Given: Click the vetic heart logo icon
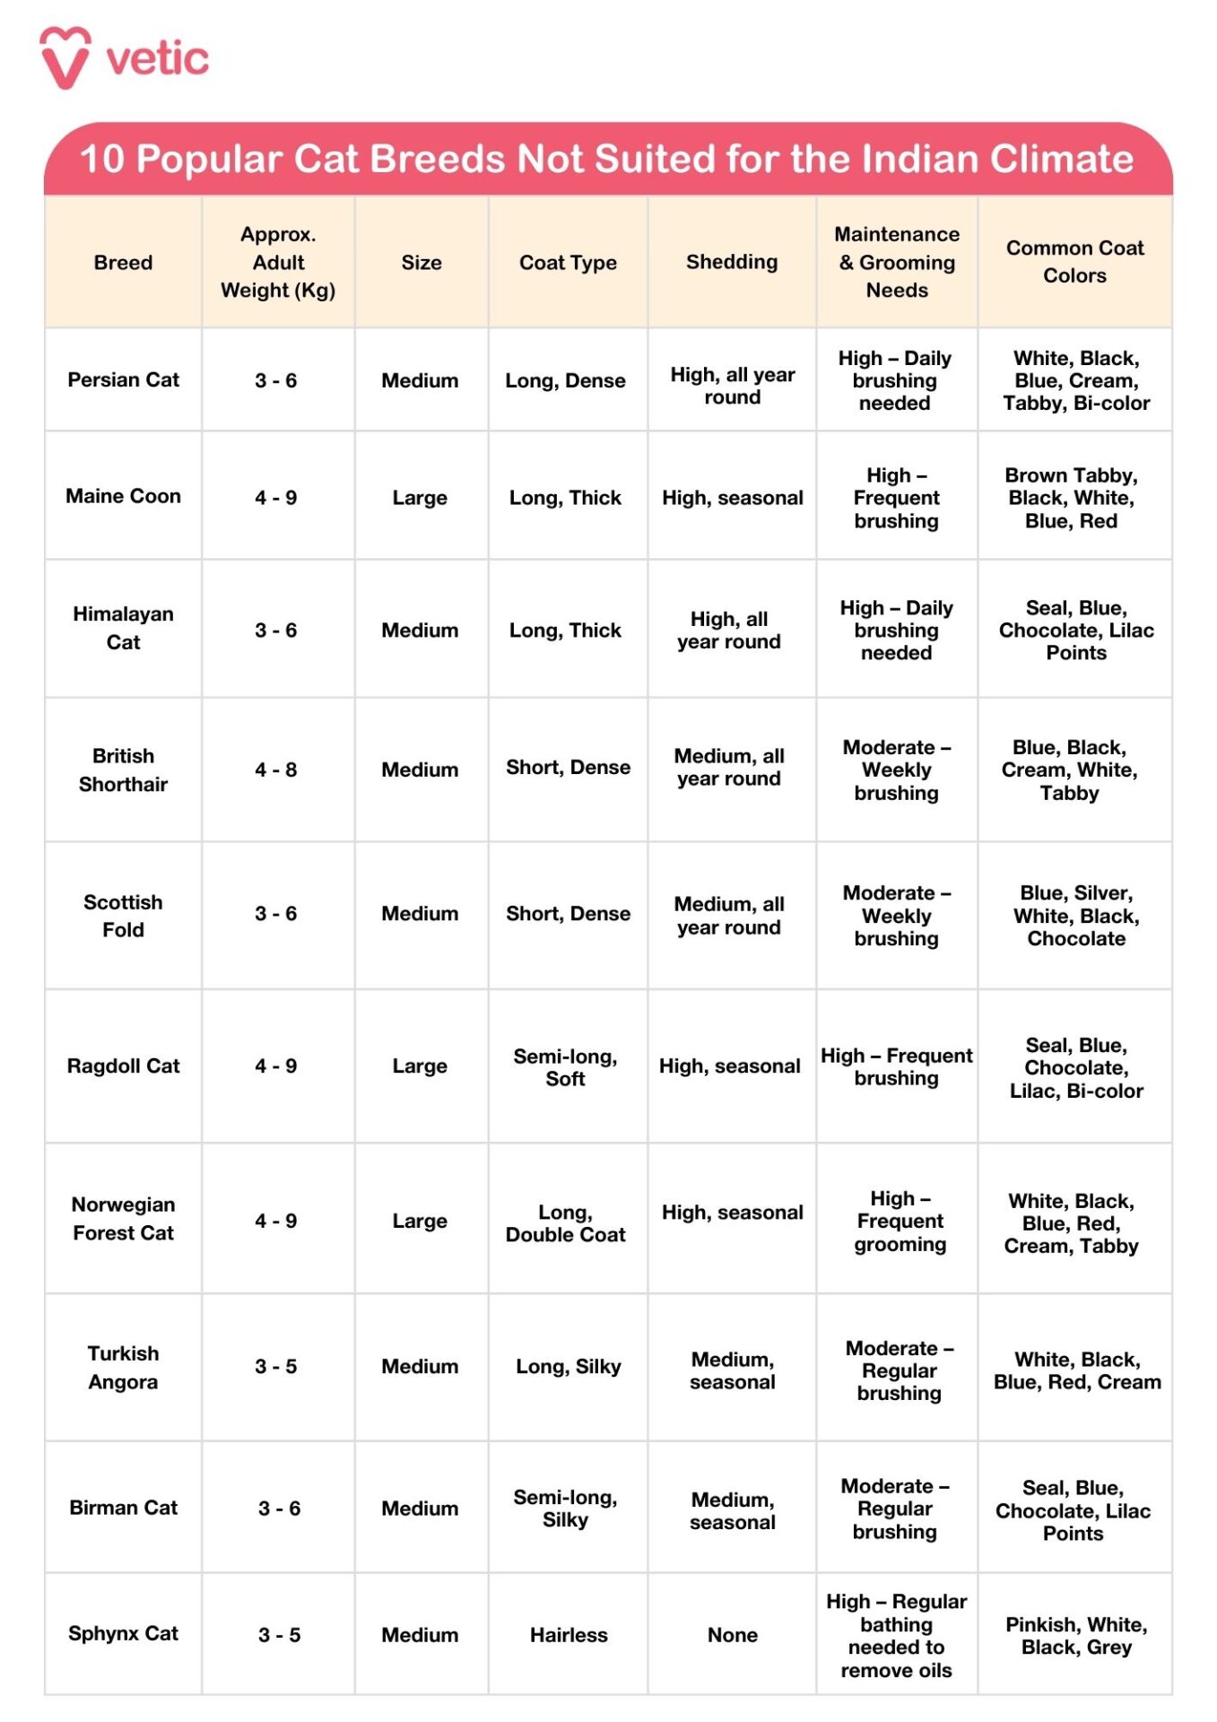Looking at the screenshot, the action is click(x=65, y=57).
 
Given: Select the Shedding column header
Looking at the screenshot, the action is click(x=732, y=262).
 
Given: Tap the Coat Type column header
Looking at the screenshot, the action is click(x=568, y=263).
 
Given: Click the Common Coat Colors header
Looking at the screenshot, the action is click(x=1074, y=262).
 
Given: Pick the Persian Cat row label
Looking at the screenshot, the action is click(x=124, y=379).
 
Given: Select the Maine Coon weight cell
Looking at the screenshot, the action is click(x=276, y=498).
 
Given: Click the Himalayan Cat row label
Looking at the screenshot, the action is click(x=124, y=628).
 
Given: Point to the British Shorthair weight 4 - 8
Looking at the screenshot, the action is click(x=276, y=770).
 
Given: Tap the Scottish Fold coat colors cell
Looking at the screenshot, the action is click(x=1075, y=916).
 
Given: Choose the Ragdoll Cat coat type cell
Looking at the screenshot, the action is click(x=565, y=1067).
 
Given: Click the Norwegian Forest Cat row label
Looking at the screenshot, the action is click(x=124, y=1219).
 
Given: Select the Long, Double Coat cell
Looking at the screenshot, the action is click(x=565, y=1223).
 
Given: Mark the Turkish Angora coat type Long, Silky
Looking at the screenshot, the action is click(x=568, y=1367).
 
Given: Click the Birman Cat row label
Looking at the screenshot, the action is click(x=124, y=1508).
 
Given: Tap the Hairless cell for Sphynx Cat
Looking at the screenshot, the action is click(x=569, y=1635).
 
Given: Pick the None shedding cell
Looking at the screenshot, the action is click(x=732, y=1635).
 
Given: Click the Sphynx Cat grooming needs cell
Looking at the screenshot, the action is click(x=896, y=1635).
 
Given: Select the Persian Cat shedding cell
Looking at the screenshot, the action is click(x=732, y=386).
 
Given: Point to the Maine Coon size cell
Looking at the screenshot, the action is click(x=420, y=498).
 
